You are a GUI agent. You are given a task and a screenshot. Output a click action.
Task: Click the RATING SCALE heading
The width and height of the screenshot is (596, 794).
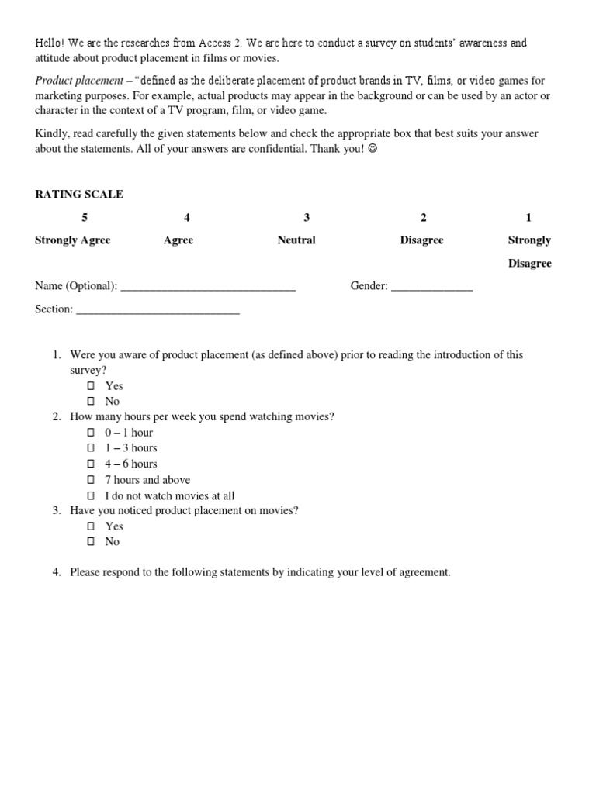click(79, 195)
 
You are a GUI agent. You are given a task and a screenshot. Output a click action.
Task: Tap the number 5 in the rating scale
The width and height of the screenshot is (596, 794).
click(73, 218)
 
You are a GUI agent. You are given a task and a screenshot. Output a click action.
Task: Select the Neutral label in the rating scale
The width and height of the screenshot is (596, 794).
click(296, 240)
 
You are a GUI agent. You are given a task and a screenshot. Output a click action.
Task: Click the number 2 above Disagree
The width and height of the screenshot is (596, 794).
click(423, 218)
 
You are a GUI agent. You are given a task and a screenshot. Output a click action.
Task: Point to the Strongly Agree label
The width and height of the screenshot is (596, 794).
click(73, 240)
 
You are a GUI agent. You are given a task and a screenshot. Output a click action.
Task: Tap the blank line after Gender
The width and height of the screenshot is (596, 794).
click(431, 287)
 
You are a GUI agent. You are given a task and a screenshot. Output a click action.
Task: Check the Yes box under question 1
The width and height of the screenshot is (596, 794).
click(91, 386)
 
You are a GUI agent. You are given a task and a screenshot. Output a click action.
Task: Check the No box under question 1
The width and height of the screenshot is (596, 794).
click(91, 402)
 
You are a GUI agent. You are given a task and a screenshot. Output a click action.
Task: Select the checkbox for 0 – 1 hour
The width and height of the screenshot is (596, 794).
click(91, 433)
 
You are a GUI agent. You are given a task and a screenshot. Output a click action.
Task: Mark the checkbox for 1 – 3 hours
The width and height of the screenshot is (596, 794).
click(91, 448)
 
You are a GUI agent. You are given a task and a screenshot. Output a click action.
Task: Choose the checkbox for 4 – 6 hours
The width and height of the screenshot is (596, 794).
click(91, 464)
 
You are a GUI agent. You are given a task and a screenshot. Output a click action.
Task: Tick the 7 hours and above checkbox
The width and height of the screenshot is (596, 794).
click(91, 480)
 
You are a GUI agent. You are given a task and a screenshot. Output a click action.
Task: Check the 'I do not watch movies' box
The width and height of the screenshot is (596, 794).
click(91, 495)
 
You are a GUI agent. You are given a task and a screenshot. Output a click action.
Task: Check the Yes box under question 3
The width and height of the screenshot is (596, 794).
click(91, 526)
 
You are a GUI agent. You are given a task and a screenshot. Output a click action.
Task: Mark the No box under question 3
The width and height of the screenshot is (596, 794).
click(91, 542)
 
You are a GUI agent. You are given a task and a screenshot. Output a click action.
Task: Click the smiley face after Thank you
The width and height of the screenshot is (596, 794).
click(372, 149)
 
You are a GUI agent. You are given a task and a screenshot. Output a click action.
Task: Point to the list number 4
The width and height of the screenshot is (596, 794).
click(57, 573)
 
